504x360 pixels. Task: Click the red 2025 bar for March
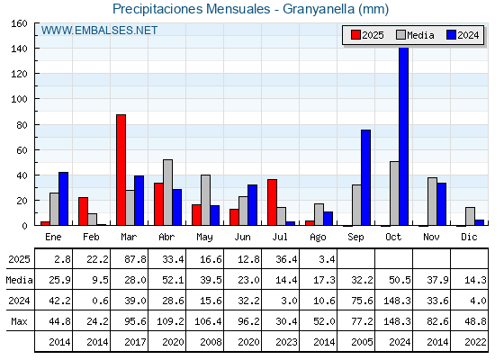(x=121, y=170)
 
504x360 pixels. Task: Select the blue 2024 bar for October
(x=404, y=136)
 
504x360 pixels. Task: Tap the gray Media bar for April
(x=167, y=193)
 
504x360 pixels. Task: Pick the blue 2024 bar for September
(x=365, y=177)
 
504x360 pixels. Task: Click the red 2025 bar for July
(x=272, y=202)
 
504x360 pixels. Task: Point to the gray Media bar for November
(x=432, y=202)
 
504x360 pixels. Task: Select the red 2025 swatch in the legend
(x=355, y=35)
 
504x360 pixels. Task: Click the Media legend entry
(x=415, y=35)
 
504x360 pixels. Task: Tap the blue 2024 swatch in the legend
(x=451, y=35)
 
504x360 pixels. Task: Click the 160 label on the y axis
(x=19, y=23)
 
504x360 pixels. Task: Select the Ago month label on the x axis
(x=318, y=238)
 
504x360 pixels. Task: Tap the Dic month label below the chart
(x=469, y=237)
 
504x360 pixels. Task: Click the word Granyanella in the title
(x=319, y=9)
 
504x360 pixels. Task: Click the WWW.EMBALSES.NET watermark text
(x=99, y=31)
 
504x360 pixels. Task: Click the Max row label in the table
(x=19, y=321)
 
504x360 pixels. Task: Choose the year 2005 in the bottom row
(x=362, y=342)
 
